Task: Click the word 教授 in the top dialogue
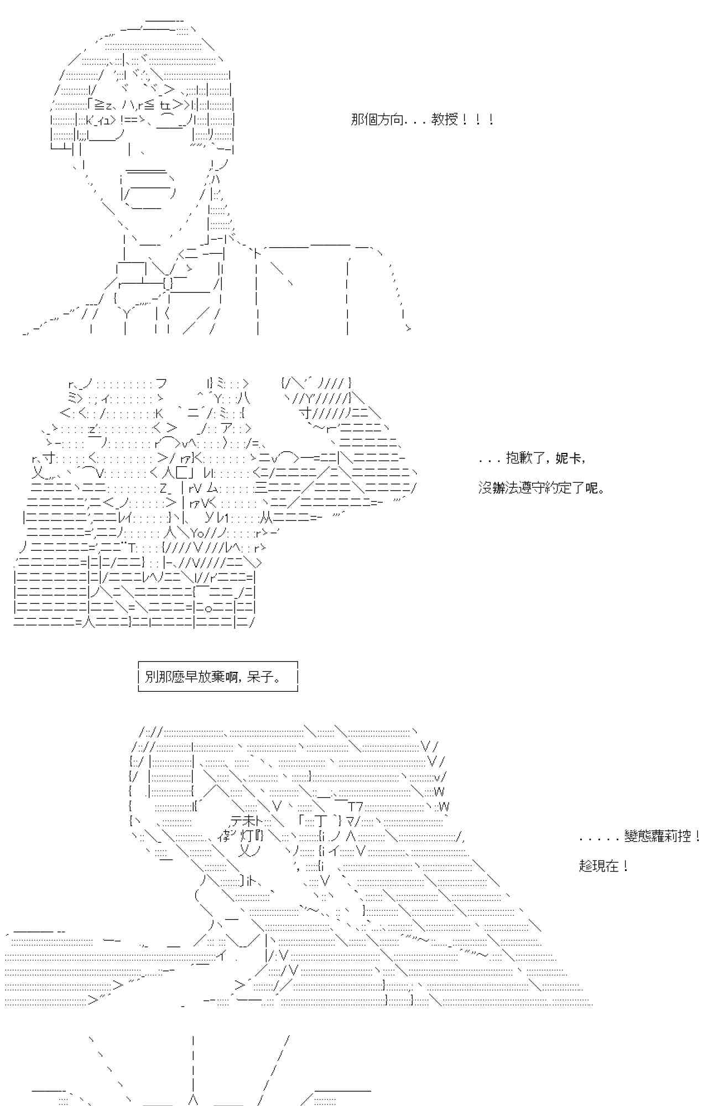click(x=444, y=119)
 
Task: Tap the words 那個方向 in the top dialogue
click(x=377, y=119)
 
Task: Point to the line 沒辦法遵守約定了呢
click(x=540, y=488)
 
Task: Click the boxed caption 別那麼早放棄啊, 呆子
click(x=218, y=676)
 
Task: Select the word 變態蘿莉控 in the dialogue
click(x=658, y=836)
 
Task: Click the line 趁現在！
click(x=603, y=866)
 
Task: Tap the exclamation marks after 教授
click(x=477, y=119)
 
